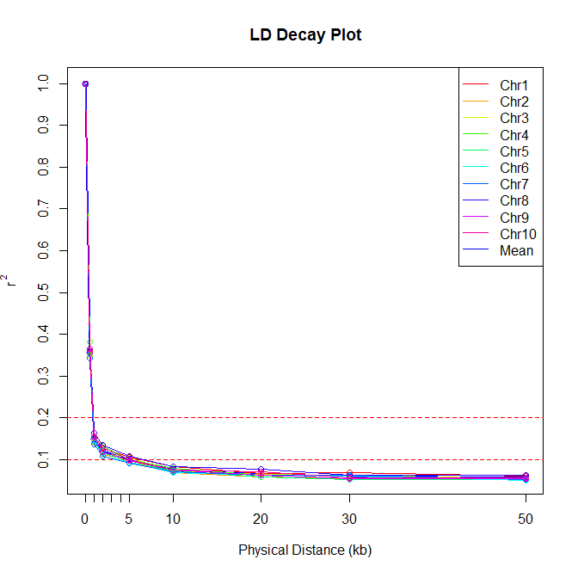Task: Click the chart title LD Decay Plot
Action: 305,35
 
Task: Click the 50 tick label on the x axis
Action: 526,519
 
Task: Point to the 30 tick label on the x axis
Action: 349,519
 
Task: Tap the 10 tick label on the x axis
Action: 173,519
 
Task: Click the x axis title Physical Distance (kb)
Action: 305,550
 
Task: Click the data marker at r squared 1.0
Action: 85,83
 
